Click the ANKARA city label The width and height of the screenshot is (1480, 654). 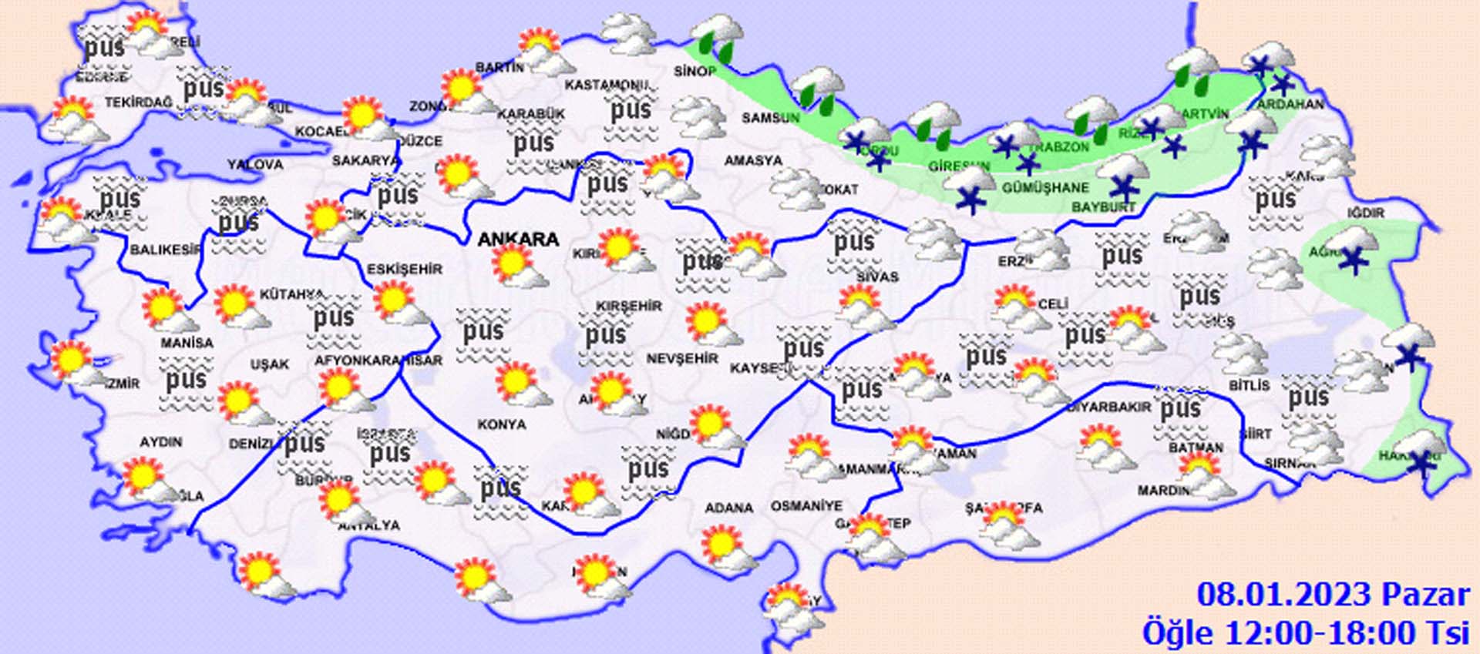pyautogui.click(x=518, y=240)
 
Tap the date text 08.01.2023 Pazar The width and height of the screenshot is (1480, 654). pyautogui.click(x=1333, y=595)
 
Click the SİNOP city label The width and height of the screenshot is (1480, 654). pyautogui.click(x=695, y=71)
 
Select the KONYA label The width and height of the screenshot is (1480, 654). pyautogui.click(x=502, y=424)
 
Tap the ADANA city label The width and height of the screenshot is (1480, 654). pyautogui.click(x=728, y=508)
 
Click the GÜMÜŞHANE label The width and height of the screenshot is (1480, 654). pyautogui.click(x=1045, y=187)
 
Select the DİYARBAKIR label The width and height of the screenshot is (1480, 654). pyautogui.click(x=1108, y=407)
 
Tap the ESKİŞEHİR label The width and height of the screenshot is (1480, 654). pyautogui.click(x=405, y=269)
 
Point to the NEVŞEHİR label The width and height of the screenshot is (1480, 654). pyautogui.click(x=682, y=358)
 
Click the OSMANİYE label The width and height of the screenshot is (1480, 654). pyautogui.click(x=807, y=506)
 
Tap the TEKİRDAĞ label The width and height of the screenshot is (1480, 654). pyautogui.click(x=138, y=102)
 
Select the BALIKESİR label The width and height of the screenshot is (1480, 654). pyautogui.click(x=166, y=250)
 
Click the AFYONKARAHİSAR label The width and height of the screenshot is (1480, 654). pyautogui.click(x=378, y=361)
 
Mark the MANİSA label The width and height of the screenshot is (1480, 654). pyautogui.click(x=187, y=342)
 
